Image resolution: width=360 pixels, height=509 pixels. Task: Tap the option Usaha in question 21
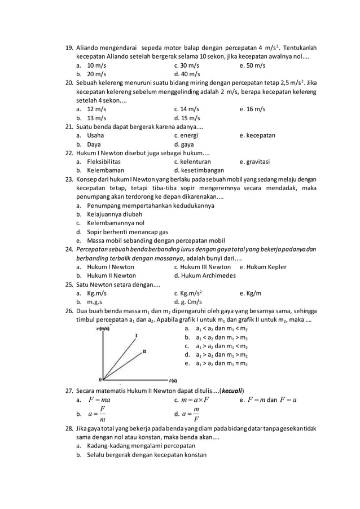click(95, 136)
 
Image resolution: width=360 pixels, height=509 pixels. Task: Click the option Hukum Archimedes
click(205, 276)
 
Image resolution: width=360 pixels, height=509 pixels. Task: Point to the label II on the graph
click(144, 351)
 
